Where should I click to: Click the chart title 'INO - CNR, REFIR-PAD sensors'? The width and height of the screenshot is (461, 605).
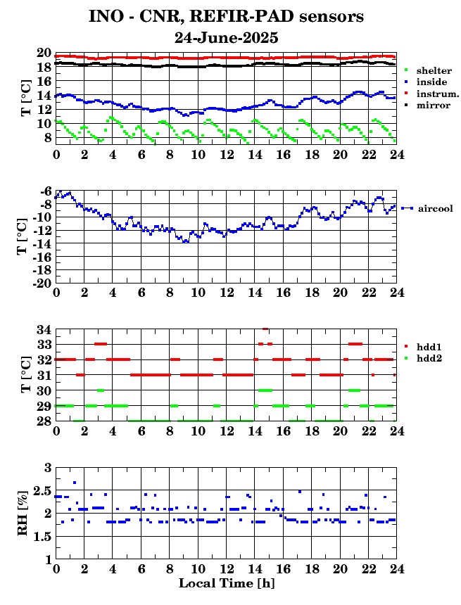pyautogui.click(x=226, y=17)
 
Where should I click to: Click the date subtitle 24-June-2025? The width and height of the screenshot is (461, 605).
pyautogui.click(x=226, y=38)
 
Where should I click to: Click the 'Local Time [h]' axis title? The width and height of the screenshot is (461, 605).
pyautogui.click(x=227, y=583)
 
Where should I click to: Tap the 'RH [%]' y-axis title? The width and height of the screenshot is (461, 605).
pyautogui.click(x=23, y=513)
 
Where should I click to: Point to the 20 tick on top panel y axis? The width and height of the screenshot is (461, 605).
pyautogui.click(x=44, y=53)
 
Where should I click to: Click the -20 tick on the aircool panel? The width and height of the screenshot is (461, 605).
pyautogui.click(x=43, y=283)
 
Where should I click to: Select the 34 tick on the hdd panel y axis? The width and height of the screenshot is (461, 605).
pyautogui.click(x=44, y=329)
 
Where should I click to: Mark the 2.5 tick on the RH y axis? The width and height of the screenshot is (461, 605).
pyautogui.click(x=42, y=491)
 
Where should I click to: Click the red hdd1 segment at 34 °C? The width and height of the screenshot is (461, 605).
pyautogui.click(x=265, y=329)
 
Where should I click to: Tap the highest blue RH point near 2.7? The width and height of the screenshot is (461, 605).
pyautogui.click(x=75, y=483)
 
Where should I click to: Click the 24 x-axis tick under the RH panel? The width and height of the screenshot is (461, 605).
pyautogui.click(x=396, y=569)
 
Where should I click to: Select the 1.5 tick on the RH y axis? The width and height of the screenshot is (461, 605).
pyautogui.click(x=42, y=536)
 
